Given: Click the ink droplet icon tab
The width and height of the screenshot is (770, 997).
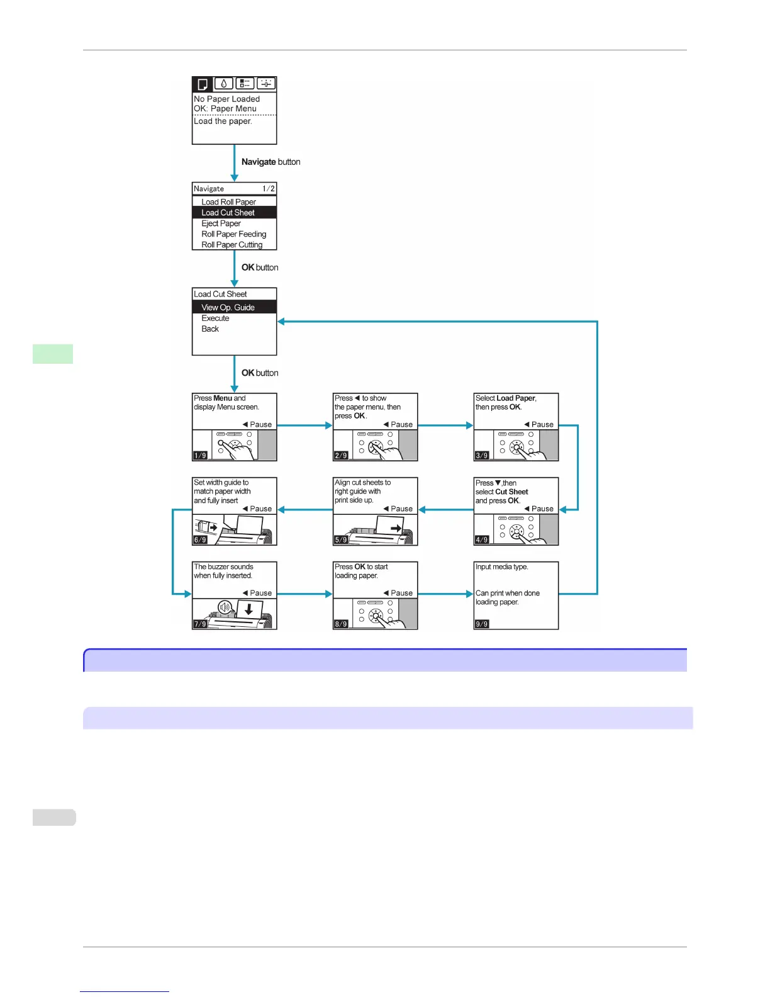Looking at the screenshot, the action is (224, 84).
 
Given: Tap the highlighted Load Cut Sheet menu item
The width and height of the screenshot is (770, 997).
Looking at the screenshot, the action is (228, 213).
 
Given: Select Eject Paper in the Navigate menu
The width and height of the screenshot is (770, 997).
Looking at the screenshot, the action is (221, 223).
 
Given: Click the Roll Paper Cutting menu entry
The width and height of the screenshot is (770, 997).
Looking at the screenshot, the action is (232, 245).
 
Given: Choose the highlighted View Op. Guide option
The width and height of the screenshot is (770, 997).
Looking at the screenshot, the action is (228, 307).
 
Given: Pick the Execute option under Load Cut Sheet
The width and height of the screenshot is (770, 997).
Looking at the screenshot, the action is (215, 318).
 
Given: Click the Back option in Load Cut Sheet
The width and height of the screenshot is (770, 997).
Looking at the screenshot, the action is (210, 329).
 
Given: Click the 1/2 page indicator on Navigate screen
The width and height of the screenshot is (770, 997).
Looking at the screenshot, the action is (269, 189).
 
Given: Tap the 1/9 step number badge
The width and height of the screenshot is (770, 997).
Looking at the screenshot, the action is (200, 455).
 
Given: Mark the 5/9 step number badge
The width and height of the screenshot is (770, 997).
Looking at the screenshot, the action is (341, 539).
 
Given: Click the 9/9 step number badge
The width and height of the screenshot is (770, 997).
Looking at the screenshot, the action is (482, 624).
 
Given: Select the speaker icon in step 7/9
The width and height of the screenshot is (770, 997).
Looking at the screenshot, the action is (225, 607).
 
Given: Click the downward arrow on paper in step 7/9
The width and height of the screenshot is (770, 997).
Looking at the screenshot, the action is (249, 609).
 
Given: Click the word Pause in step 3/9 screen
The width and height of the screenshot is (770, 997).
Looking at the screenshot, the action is (542, 424).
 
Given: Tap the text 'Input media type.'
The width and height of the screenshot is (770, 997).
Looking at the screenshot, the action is (501, 567).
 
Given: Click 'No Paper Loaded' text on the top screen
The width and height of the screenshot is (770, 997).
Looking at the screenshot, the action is (226, 99).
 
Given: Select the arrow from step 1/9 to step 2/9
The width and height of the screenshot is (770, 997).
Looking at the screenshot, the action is (304, 425).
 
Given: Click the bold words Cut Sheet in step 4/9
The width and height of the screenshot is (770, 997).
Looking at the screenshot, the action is (511, 492).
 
